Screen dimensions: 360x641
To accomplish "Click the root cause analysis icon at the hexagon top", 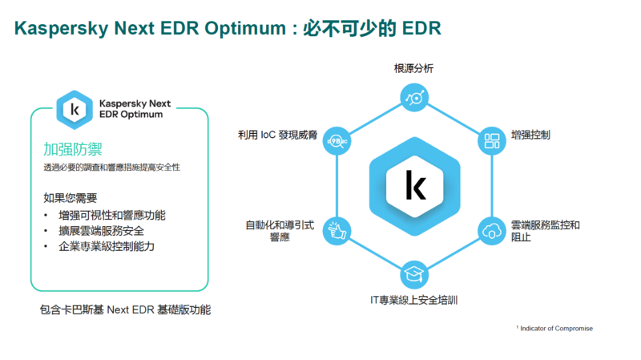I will pos(414,97).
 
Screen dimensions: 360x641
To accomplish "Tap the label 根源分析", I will pos(413,69).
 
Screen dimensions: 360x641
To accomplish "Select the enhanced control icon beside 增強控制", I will pos(491,142).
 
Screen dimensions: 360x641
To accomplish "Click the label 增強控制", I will pos(530,136).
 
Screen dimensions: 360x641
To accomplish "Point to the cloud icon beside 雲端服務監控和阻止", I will pos(491,232).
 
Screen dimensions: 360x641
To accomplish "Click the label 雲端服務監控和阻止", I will pos(545,231).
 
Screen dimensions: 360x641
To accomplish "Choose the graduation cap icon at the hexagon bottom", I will pos(413,274).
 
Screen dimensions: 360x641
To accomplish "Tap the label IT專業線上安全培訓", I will pos(413,301).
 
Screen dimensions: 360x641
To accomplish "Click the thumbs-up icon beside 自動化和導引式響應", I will pos(336,231).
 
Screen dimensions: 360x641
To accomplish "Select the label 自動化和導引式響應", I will pos(279,231).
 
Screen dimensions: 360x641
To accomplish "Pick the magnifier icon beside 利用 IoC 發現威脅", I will pos(336,142).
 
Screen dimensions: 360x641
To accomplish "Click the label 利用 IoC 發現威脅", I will pos(277,136).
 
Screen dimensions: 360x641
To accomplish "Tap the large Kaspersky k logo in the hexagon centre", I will pos(414,185).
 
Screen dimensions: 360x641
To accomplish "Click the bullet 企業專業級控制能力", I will pos(107,246).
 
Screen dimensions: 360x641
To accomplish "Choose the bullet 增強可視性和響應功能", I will pos(112,216).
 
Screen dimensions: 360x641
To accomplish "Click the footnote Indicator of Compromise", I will pos(556,329).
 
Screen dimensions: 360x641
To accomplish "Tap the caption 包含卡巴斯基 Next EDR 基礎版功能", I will pos(125,309).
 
